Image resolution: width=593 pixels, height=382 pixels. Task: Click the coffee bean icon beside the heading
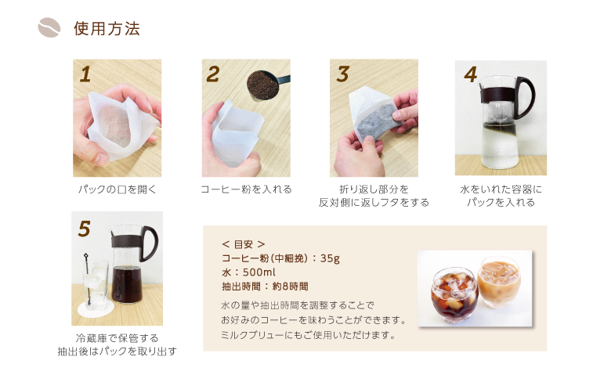tap(49, 27)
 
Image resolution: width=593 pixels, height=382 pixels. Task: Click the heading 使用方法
tap(107, 28)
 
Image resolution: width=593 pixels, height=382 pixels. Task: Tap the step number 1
tap(85, 74)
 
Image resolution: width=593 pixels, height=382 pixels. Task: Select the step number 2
tap(213, 74)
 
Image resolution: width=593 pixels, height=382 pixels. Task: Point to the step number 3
tap(342, 74)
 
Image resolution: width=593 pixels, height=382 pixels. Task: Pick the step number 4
tap(471, 74)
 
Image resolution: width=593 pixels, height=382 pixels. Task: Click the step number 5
tap(85, 229)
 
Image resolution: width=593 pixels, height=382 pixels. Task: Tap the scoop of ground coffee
tap(263, 85)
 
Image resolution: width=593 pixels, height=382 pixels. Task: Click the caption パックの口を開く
tap(118, 189)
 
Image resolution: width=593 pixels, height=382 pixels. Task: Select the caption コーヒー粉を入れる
tap(246, 189)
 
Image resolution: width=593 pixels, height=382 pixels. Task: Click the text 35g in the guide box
tap(330, 258)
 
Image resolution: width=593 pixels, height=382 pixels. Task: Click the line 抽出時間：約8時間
tap(265, 286)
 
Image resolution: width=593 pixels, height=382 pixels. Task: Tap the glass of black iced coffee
tap(454, 294)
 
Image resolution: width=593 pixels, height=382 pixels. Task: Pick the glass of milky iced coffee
tap(499, 281)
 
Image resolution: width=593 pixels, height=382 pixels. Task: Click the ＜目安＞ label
tap(244, 244)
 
